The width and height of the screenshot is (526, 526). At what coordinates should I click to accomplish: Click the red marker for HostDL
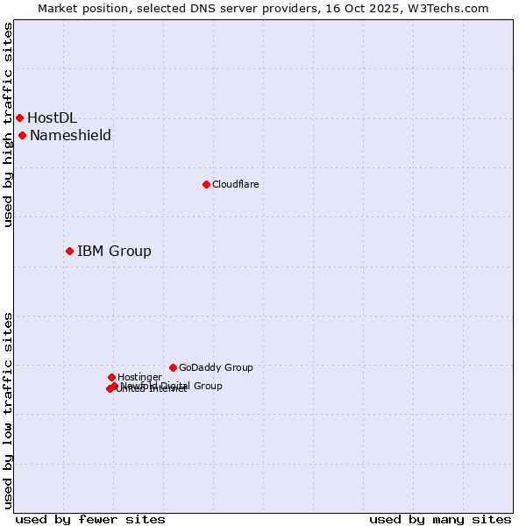[19, 117]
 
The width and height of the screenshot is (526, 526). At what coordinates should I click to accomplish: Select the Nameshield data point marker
[22, 135]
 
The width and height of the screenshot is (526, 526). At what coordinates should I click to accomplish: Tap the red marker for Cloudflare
[206, 184]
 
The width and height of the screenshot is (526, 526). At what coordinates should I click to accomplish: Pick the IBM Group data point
[69, 251]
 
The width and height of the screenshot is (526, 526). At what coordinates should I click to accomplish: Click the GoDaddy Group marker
[173, 367]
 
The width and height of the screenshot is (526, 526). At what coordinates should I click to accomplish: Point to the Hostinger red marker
[111, 377]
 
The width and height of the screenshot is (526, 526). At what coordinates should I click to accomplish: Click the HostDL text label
[52, 117]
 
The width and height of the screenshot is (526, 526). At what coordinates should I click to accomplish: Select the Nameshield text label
[70, 135]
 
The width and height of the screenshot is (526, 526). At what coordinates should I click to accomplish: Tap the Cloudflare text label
[235, 184]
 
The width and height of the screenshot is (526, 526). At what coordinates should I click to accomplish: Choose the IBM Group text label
[114, 252]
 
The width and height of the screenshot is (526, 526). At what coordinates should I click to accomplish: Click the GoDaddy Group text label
[216, 367]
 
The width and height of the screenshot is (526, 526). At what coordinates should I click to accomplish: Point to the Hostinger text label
[139, 377]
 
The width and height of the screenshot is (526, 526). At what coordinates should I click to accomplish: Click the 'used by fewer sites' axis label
[90, 519]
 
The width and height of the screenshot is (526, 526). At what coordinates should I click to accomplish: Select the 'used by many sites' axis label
[440, 519]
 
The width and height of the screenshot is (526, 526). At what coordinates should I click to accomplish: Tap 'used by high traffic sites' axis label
[8, 124]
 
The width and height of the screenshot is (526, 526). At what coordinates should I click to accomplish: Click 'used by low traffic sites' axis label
[8, 410]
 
